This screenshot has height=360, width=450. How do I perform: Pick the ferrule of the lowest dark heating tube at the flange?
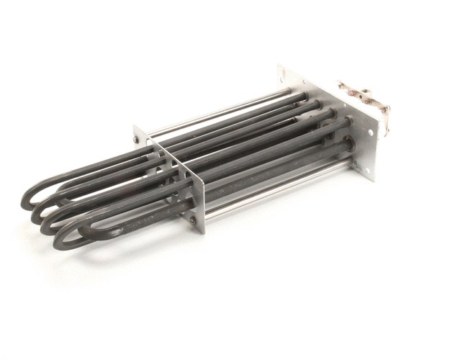click(350, 147)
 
